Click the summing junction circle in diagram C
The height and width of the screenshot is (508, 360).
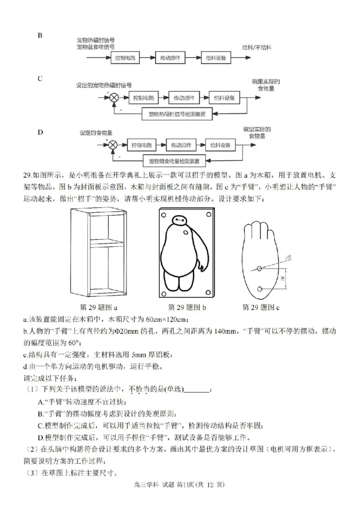coord(114,98)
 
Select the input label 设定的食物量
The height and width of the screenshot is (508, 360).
coord(96,133)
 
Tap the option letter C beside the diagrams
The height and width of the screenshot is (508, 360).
coord(40,79)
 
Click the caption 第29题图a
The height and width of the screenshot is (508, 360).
coord(99,307)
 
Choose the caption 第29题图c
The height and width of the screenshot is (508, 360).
coord(261,307)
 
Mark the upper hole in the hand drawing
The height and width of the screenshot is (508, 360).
coord(260,269)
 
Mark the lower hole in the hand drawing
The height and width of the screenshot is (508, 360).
coord(260,289)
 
